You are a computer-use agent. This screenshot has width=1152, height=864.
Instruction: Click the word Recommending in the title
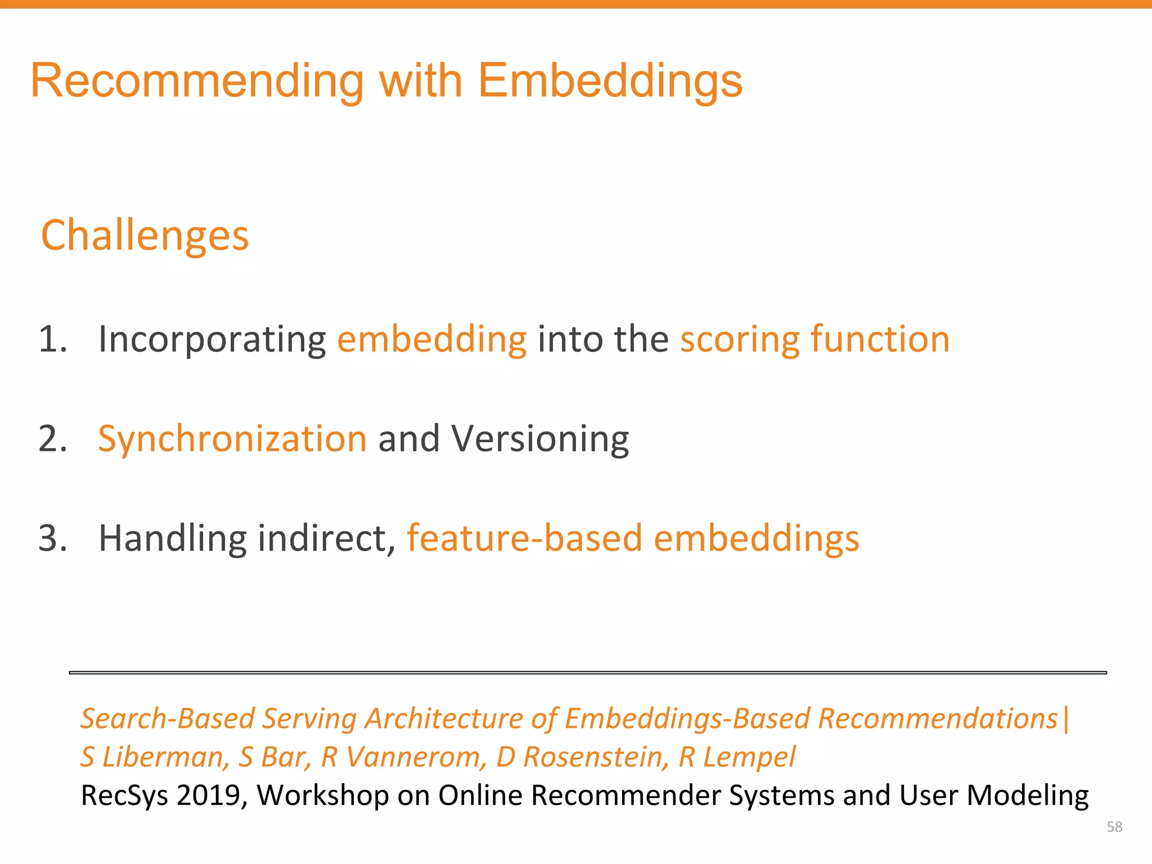point(197,82)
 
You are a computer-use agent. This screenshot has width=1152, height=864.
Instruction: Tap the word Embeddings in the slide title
point(610,82)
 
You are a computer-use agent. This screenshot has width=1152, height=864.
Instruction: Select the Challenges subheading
point(145,235)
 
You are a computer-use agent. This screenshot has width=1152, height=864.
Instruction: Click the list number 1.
point(52,339)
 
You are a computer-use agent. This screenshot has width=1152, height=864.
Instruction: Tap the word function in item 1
point(880,339)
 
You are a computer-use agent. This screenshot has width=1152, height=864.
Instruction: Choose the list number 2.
point(52,439)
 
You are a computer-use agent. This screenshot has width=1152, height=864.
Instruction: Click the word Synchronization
point(232,439)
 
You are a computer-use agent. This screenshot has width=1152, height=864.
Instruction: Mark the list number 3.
point(52,538)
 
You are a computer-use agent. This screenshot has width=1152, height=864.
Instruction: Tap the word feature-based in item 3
point(524,538)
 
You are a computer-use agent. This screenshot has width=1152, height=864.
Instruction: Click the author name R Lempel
point(737,757)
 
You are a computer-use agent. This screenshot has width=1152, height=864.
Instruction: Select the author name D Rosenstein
point(582,757)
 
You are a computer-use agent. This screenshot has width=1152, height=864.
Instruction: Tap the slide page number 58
point(1114,827)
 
